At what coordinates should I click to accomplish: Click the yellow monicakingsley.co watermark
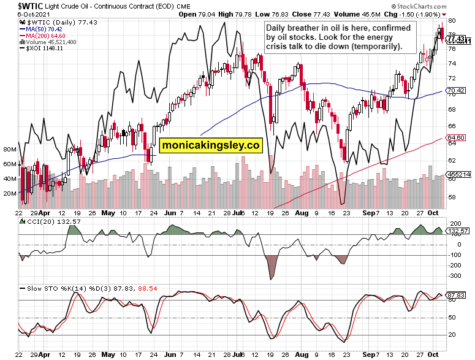coord(211,145)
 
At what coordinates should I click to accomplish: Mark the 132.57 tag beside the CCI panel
coord(458,231)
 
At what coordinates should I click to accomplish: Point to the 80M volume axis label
coord(10,150)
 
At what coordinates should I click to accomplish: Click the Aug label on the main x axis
coord(301,214)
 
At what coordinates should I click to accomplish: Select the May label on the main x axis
coord(108,214)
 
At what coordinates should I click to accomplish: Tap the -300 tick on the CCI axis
coord(455,276)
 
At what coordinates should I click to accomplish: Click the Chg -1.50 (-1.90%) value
coord(420,13)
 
